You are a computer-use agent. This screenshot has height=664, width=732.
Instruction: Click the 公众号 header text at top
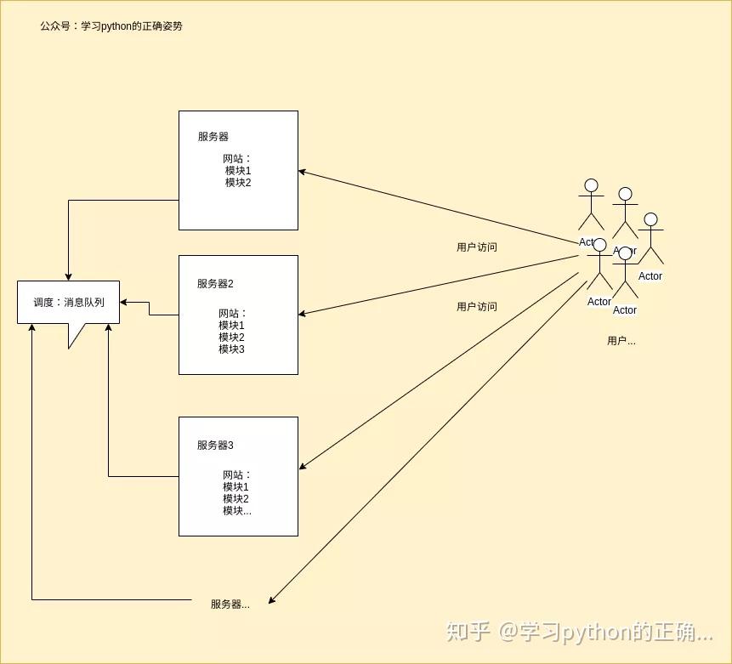(111, 26)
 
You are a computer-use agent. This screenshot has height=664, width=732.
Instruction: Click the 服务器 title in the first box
(213, 136)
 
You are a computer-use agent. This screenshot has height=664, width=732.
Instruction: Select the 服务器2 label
(215, 284)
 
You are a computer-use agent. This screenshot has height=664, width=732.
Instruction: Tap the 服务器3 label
(215, 446)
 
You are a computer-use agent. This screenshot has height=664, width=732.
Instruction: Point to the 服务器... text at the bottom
(230, 604)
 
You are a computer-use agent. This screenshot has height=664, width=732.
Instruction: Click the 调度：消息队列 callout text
(69, 302)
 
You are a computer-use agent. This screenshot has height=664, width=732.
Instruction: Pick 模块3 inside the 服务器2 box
(231, 349)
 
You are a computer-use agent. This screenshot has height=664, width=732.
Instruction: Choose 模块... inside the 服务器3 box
(237, 511)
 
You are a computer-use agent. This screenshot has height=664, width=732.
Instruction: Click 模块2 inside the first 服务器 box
(238, 183)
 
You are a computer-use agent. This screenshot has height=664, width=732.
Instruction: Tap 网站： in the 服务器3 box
(237, 475)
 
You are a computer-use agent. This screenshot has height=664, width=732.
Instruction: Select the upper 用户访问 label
(477, 247)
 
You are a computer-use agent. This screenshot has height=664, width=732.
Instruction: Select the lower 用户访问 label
(477, 307)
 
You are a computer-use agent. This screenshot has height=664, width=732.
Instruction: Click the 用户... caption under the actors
(621, 341)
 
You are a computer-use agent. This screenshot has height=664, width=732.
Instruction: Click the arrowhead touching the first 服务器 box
(303, 172)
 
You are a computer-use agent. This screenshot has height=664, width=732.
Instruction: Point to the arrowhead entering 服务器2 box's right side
(303, 315)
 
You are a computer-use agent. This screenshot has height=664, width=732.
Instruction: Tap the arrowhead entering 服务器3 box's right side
(303, 466)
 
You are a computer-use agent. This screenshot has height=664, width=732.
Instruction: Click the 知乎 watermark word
(468, 632)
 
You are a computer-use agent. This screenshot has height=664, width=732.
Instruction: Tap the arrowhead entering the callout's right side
(124, 302)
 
